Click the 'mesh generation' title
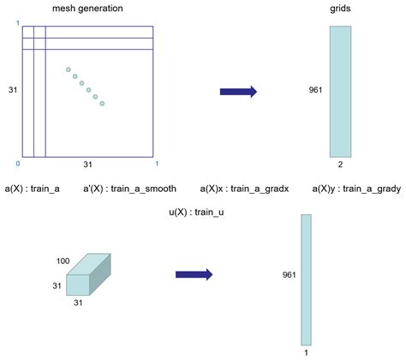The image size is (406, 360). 87,8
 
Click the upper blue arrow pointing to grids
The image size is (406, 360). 238,91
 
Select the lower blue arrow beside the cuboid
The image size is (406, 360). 194,273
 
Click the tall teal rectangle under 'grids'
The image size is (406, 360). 341,91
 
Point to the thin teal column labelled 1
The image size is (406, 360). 306,278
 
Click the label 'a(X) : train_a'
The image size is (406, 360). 32,187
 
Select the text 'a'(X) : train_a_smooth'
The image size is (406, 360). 130,187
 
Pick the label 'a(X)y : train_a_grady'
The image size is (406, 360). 352,187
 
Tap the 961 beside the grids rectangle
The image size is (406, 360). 315,88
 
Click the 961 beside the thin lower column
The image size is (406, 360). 290,275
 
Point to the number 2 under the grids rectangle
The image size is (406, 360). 341,164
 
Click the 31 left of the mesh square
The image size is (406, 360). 13,88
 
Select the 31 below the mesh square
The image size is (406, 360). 87,164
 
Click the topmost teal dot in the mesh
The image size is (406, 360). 69,69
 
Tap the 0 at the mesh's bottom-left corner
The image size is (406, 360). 17,162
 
